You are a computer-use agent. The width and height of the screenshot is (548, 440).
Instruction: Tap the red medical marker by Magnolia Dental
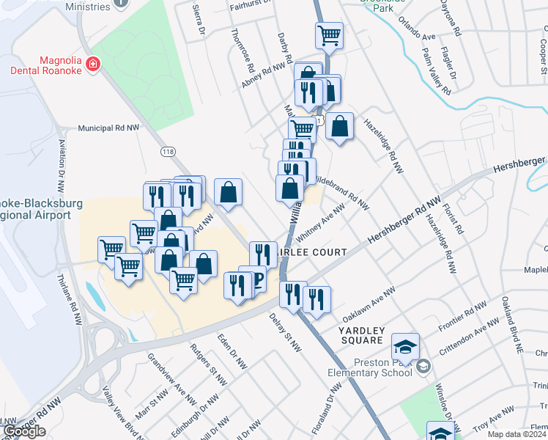click(93, 65)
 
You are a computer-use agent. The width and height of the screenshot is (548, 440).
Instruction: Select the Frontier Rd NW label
click(463, 315)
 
